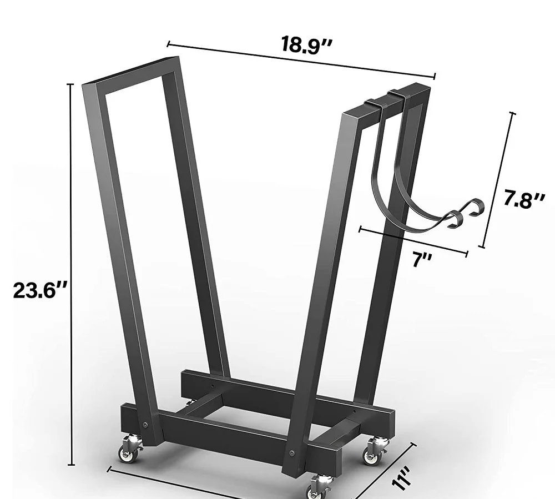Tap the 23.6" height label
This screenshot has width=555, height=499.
point(40,291)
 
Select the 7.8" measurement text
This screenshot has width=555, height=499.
point(524,199)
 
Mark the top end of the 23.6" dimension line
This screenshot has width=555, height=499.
point(70,84)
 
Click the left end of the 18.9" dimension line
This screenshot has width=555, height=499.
point(168,44)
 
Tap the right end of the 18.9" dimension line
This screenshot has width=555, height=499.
point(435,75)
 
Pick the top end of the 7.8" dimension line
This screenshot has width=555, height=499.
point(512,113)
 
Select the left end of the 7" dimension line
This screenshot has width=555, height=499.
point(360,228)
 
